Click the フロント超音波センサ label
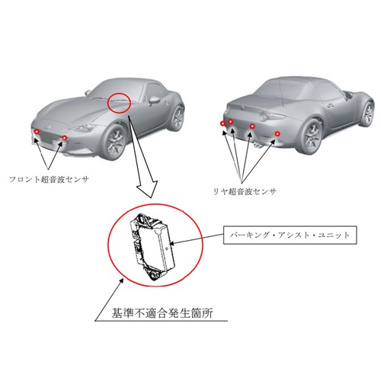pyautogui.click(x=49, y=179)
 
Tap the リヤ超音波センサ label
pyautogui.click(x=245, y=191)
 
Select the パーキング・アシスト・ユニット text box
pyautogui.click(x=290, y=235)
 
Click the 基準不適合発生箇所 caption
pyautogui.click(x=162, y=313)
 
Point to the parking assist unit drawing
pyautogui.click(x=152, y=247)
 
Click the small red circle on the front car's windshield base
pyautogui.click(x=119, y=102)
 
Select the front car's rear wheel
pyautogui.click(x=178, y=119)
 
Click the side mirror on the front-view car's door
pyautogui.click(x=154, y=101)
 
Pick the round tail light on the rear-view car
pyautogui.click(x=265, y=117)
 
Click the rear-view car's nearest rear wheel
pyautogui.click(x=311, y=137)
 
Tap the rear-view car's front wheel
pyautogui.click(x=367, y=114)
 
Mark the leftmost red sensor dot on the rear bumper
pyautogui.click(x=223, y=123)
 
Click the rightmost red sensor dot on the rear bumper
pyautogui.click(x=277, y=133)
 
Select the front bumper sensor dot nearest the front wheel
pyautogui.click(x=65, y=138)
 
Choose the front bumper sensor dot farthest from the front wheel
pyautogui.click(x=37, y=132)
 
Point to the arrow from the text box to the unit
pyautogui.click(x=197, y=239)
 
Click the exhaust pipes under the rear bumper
pyautogui.click(x=258, y=146)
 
